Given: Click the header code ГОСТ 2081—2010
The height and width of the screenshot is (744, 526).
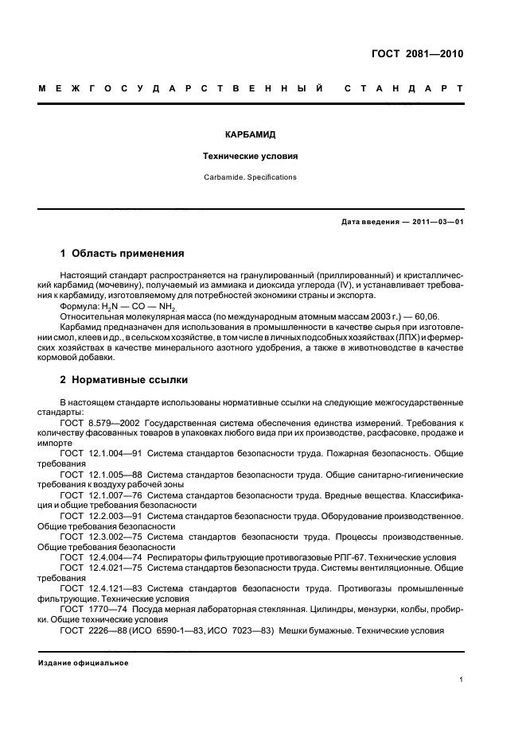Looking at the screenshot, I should [x=417, y=55].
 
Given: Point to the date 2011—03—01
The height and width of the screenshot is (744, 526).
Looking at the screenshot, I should [x=436, y=222].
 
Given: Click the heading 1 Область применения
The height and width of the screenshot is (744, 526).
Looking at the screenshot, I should [x=123, y=254].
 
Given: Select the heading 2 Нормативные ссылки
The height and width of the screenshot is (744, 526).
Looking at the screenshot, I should [x=124, y=380].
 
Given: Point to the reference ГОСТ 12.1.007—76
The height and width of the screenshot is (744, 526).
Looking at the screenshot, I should [x=100, y=494].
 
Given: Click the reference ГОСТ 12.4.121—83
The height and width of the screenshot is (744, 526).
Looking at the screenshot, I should [x=100, y=588].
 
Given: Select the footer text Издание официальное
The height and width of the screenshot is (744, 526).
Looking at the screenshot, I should [x=84, y=663].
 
